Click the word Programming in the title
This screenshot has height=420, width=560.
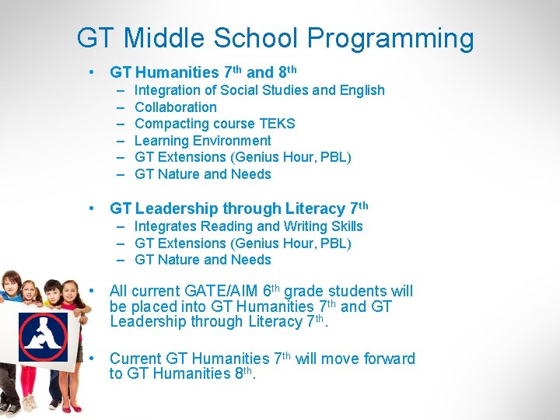click(390, 39)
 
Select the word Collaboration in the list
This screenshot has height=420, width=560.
click(176, 107)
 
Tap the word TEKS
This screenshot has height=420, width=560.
click(278, 124)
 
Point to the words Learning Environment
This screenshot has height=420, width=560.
click(203, 141)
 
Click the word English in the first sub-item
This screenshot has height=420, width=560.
click(360, 90)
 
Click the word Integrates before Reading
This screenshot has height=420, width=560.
click(166, 226)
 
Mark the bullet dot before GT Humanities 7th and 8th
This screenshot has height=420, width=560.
click(93, 72)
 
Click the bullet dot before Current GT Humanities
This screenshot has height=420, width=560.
click(93, 359)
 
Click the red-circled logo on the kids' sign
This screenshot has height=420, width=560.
click(43, 337)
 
